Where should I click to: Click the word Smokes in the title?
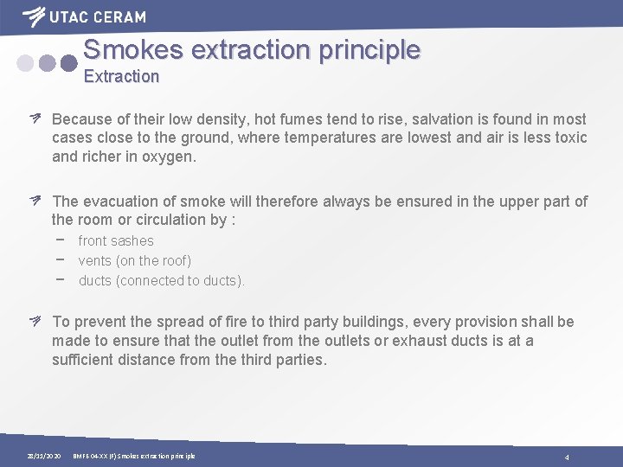132,49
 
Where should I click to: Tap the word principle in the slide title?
369,49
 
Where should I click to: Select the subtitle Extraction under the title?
121,76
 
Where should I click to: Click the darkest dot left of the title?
69,63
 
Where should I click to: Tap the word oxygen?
170,157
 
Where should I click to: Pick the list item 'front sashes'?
116,241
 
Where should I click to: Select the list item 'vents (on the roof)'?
134,260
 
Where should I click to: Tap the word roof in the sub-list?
173,260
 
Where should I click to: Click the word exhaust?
420,341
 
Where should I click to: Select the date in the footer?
43,456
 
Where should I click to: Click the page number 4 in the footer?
567,457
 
